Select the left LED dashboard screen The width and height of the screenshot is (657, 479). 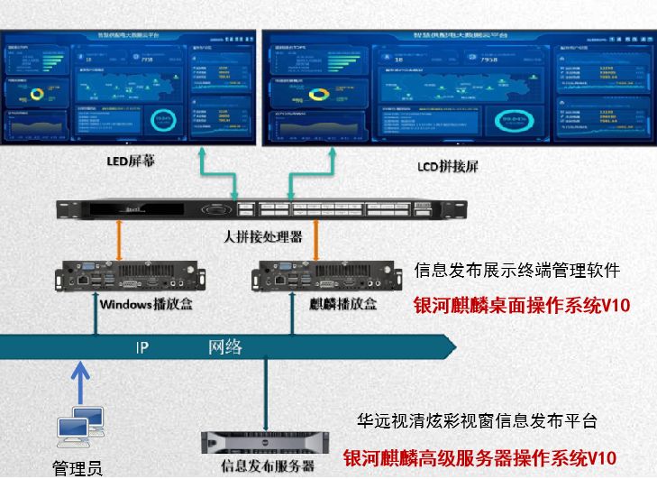128,88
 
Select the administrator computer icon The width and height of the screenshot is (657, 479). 79,428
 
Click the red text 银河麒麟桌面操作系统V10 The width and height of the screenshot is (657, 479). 521,306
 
